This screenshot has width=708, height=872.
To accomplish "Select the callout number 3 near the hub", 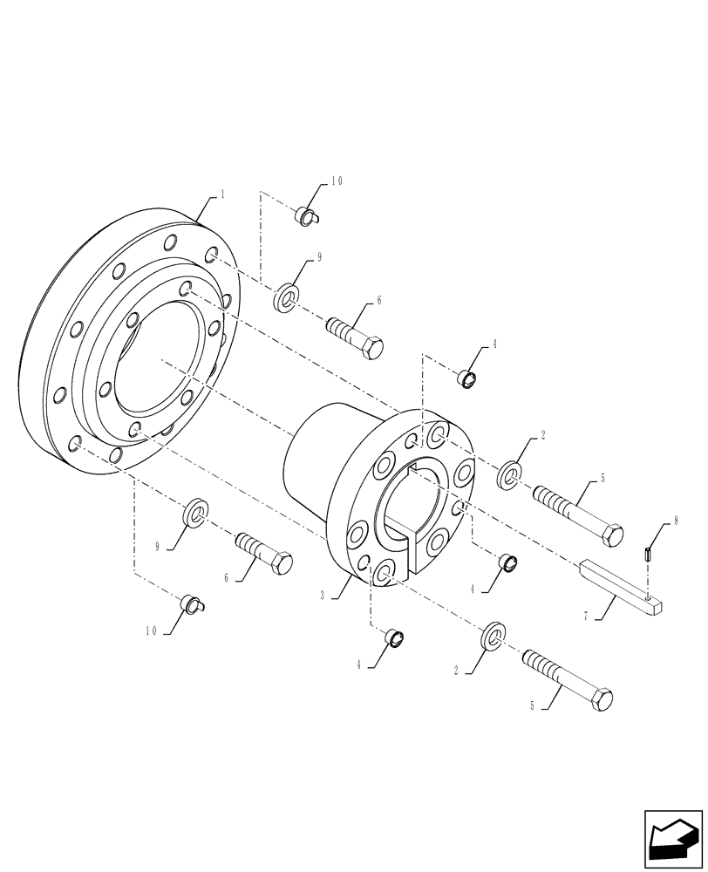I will coord(323,596).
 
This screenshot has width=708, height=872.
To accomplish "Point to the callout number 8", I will coord(676,524).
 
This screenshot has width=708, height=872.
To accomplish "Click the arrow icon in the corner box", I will coord(672,840).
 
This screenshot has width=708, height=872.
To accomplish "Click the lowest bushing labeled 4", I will coord(396,638).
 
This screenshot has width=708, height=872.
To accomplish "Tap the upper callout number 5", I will coord(602,480).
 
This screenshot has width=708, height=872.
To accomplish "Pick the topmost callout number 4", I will coord(494,344).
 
